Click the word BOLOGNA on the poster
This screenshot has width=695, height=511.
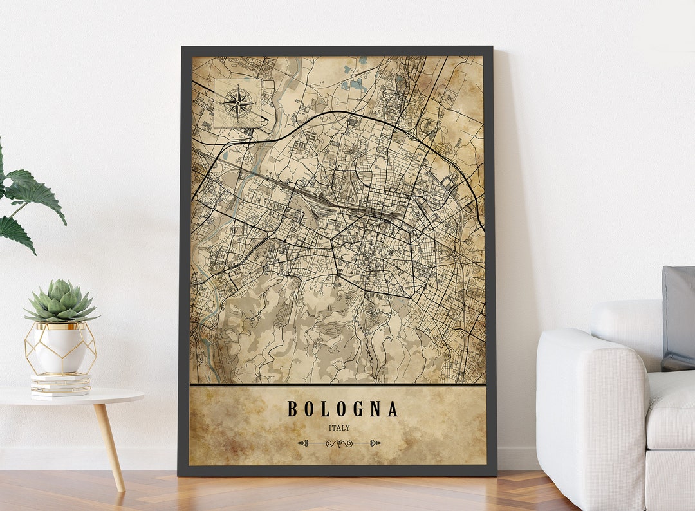(x=342, y=409)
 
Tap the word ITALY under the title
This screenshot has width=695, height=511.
(x=339, y=427)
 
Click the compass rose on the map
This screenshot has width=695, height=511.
(x=238, y=102)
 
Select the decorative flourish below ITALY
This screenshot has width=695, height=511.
(x=338, y=443)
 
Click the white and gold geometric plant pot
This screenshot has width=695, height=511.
(x=60, y=348)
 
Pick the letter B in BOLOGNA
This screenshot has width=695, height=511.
(x=292, y=409)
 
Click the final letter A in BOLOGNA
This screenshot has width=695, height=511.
(x=393, y=409)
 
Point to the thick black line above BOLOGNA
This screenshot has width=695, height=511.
(x=338, y=386)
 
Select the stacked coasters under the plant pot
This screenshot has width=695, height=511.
(x=60, y=384)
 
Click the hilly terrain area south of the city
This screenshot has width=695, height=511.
(x=322, y=335)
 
